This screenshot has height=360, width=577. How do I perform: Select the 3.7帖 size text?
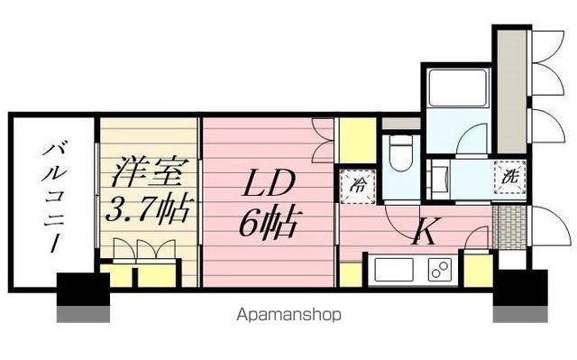coord(149,211)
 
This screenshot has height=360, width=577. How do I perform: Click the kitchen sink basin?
coord(392,270)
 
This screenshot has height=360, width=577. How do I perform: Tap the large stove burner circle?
coord(442,269)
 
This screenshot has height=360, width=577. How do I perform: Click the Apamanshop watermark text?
coord(288,317)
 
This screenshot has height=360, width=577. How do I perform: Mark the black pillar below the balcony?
coord(83,291)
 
